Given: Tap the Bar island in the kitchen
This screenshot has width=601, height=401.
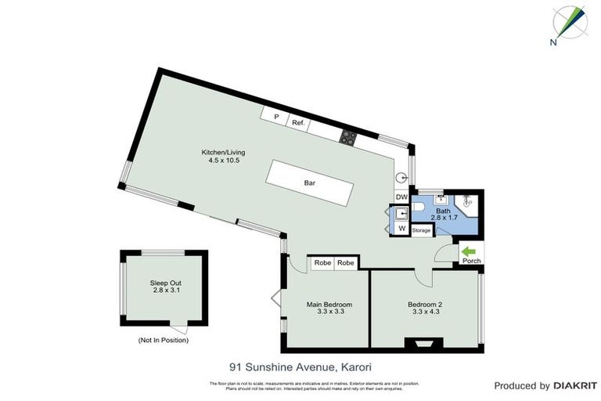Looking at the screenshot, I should pyautogui.click(x=309, y=183).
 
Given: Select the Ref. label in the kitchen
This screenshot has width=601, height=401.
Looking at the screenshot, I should pyautogui.click(x=298, y=123).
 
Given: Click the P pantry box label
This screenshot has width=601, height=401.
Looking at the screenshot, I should pyautogui.click(x=275, y=117).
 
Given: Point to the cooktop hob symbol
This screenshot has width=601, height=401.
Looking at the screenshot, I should pyautogui.click(x=347, y=139).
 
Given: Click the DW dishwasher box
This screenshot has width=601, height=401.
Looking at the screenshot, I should pyautogui.click(x=401, y=197).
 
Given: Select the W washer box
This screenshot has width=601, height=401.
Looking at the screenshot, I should pyautogui.click(x=401, y=229).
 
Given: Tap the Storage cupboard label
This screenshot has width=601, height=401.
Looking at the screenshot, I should pyautogui.click(x=422, y=230).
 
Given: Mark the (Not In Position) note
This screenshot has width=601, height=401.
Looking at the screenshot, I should pyautogui.click(x=163, y=340).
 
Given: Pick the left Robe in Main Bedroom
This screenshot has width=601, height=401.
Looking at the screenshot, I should pyautogui.click(x=322, y=264).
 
